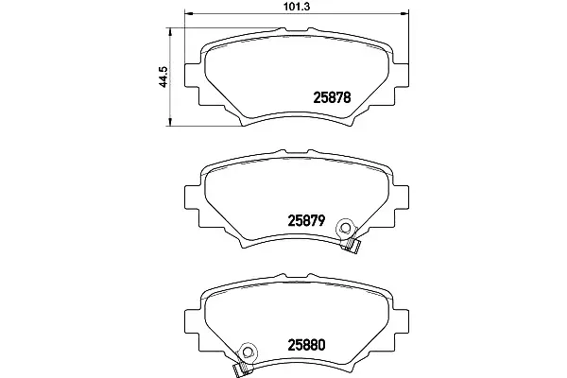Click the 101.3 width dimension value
[x=298, y=7]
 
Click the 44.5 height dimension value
[x=163, y=77]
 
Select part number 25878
[x=332, y=97]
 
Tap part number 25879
[x=306, y=220]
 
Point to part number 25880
[x=306, y=345]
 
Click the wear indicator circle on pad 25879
[x=345, y=228]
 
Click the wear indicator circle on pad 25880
[x=248, y=352]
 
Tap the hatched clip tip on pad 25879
[x=352, y=246]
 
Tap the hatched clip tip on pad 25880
[x=240, y=369]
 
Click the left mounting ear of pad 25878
[x=192, y=76]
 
